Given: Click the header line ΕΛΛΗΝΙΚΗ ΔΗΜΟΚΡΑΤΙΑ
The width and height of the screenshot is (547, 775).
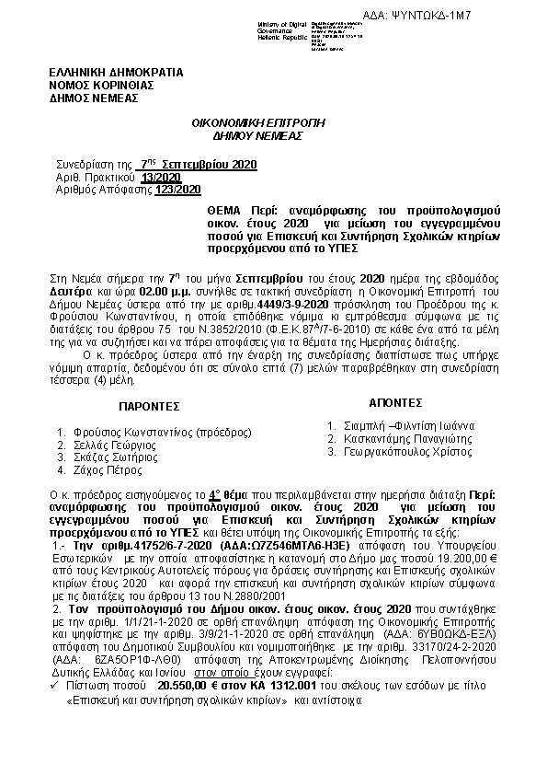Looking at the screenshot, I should pos(116,71).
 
